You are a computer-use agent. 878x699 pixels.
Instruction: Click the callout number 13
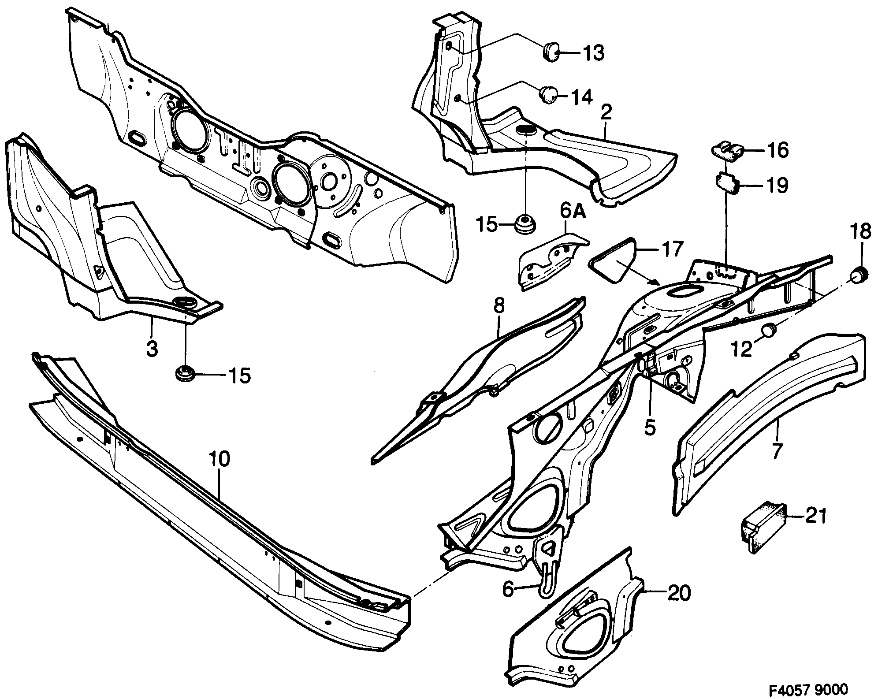589,53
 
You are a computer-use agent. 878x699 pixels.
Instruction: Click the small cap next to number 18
858,275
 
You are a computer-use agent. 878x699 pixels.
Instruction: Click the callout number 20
678,594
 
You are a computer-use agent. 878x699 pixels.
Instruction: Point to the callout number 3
151,349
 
